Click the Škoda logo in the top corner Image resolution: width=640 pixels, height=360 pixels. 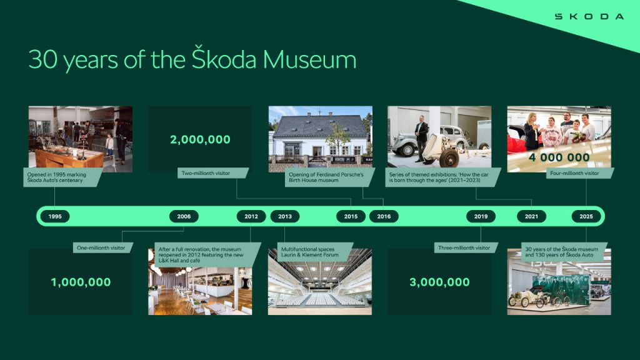coord(589,16)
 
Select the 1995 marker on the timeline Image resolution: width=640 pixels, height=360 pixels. coord(55,216)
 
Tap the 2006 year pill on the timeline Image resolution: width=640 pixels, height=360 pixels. coord(184,216)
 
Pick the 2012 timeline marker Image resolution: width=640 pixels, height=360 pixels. coord(251,216)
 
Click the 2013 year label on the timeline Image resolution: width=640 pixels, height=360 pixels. coord(285,216)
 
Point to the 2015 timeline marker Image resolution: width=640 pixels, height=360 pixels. coord(351,216)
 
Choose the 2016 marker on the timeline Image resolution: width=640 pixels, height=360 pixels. coord(384,216)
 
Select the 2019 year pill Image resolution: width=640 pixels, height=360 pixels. coord(481,216)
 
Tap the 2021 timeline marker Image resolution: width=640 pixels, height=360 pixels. coord(531,216)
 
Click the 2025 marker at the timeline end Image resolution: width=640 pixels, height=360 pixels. coord(586,216)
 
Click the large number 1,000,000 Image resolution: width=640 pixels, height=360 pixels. coord(81,282)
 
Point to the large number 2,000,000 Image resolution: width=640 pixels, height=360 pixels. coord(200,140)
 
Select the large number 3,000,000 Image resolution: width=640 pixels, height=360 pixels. coord(439,282)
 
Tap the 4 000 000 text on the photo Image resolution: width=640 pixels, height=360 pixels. coord(559,157)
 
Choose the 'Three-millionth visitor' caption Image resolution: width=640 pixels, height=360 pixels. coord(464,248)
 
